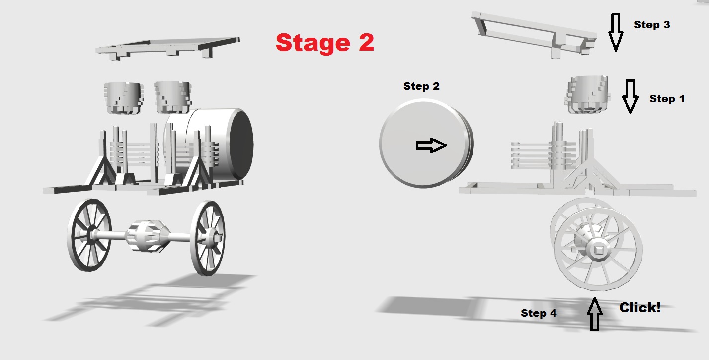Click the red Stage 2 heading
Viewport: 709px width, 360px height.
[325, 43]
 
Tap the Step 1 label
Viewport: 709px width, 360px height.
[667, 99]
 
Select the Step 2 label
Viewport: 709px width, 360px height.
[421, 86]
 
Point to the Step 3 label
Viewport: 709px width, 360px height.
[652, 25]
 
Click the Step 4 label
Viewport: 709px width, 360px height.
[539, 313]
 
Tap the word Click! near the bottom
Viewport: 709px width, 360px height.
[639, 307]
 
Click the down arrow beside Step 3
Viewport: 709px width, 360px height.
[615, 32]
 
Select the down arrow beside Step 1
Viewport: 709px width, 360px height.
[630, 96]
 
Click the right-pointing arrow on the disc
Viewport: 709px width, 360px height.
[431, 145]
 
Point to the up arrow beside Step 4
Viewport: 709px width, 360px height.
[594, 314]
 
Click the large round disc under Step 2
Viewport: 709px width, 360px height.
[426, 144]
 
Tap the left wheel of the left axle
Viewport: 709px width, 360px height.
[89, 235]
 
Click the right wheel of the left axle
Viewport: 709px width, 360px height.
[208, 238]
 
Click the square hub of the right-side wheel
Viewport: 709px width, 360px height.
[598, 250]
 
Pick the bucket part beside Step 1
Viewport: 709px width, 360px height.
[587, 94]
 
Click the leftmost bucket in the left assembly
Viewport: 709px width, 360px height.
[123, 98]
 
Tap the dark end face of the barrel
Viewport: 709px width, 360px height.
[241, 144]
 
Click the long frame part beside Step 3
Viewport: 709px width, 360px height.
[535, 33]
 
